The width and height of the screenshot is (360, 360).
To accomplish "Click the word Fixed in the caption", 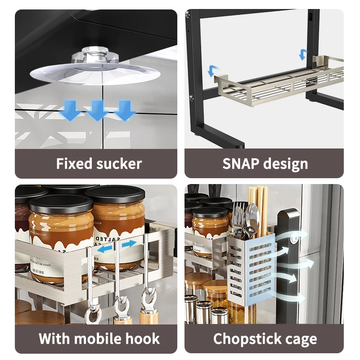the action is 73,164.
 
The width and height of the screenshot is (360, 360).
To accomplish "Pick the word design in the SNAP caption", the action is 286,164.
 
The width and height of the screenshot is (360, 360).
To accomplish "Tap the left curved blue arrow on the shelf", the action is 213,71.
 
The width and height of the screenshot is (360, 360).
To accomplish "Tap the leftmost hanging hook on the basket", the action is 92,310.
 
